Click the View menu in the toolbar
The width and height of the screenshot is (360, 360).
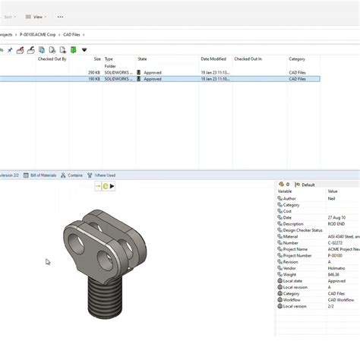point(36,16)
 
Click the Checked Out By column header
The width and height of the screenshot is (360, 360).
point(52,58)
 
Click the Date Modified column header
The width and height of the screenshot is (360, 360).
point(213,58)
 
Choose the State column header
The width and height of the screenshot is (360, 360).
point(143,58)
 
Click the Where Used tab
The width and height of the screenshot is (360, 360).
point(104,175)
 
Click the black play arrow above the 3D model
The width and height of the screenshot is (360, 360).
point(113,185)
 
